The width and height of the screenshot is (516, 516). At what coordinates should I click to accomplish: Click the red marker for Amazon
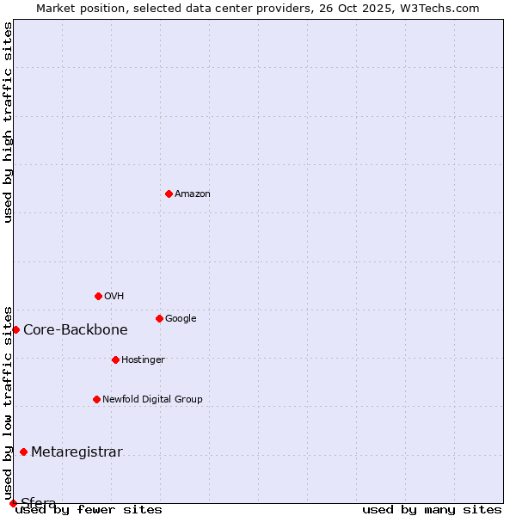click(169, 193)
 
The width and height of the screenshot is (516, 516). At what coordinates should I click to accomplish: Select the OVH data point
click(98, 296)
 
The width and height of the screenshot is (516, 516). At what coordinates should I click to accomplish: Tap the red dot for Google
click(159, 318)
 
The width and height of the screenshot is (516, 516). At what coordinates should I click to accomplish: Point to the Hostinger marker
click(115, 359)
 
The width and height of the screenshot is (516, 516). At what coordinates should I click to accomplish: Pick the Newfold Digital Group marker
click(96, 399)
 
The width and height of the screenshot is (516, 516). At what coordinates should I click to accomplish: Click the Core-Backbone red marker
click(15, 329)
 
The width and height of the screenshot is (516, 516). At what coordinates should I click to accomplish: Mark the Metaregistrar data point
click(23, 451)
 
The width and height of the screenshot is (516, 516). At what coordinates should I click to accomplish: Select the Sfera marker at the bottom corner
click(13, 503)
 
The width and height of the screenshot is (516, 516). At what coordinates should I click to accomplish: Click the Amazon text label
click(193, 193)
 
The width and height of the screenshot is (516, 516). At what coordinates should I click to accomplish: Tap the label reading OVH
click(114, 296)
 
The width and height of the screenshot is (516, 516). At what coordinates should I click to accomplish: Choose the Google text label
click(181, 318)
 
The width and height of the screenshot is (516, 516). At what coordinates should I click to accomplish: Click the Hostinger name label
click(143, 359)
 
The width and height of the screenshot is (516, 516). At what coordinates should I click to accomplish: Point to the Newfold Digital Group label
click(152, 399)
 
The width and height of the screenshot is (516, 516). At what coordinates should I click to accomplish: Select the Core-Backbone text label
click(76, 329)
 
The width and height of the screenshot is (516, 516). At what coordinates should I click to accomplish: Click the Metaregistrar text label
click(77, 452)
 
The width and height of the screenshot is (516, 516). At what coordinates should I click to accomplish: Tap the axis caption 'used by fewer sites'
click(89, 509)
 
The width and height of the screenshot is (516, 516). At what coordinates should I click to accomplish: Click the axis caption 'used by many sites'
click(432, 509)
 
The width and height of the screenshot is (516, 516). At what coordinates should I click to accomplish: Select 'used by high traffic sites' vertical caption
click(8, 122)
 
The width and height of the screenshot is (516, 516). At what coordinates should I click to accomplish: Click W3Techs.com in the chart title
click(439, 8)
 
